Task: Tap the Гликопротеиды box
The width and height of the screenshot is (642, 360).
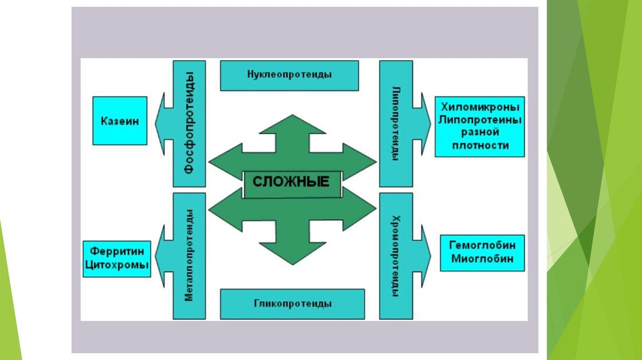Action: pyautogui.click(x=292, y=304)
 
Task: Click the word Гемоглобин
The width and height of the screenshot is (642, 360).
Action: pyautogui.click(x=482, y=246)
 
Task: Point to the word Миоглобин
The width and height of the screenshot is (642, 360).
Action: pyautogui.click(x=482, y=258)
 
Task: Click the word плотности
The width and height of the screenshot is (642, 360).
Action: pyautogui.click(x=480, y=146)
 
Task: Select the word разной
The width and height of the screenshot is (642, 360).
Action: pyautogui.click(x=480, y=132)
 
